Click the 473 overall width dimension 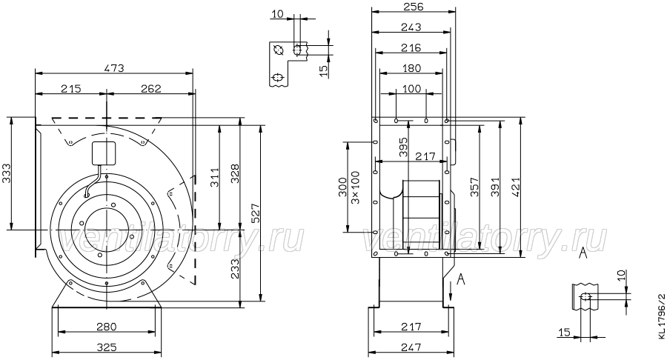(114, 68)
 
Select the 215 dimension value (70, 88)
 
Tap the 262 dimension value (151, 88)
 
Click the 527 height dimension (255, 213)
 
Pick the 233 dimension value (234, 269)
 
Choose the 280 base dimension (106, 327)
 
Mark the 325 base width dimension (106, 347)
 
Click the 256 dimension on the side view (413, 7)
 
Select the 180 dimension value (411, 68)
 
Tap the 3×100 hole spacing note (356, 187)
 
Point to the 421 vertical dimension (516, 187)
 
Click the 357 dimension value (475, 187)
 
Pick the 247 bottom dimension (411, 347)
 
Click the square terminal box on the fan (104, 153)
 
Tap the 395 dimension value (403, 147)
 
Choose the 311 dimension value (214, 177)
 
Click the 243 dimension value (411, 27)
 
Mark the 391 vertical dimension (495, 187)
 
